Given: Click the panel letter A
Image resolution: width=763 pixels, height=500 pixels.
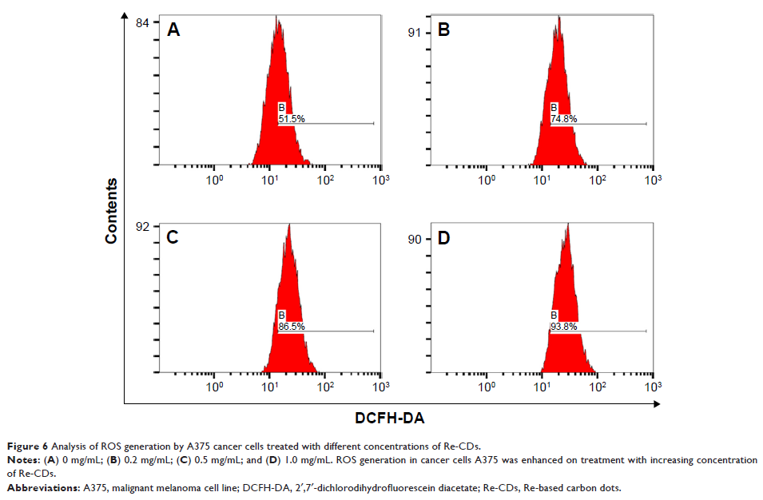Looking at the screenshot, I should point(173,30).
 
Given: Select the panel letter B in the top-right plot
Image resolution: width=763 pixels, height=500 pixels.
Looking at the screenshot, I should point(445,30).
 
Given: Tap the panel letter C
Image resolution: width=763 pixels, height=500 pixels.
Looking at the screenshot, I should point(173,237).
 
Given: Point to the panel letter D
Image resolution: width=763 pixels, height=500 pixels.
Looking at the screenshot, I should point(445,237).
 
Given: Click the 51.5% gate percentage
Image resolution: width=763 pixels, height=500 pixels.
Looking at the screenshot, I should point(291,119).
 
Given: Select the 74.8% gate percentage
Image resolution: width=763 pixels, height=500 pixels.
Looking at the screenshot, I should point(564,119).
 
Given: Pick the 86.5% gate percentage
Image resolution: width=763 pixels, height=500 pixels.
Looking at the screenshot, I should point(291,327).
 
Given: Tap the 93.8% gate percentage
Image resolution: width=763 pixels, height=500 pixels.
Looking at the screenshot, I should point(564,327).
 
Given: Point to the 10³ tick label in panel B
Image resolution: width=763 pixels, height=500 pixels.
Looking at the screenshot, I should point(652,178).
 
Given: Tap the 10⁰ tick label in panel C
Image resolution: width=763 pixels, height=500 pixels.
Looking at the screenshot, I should point(213,387).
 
